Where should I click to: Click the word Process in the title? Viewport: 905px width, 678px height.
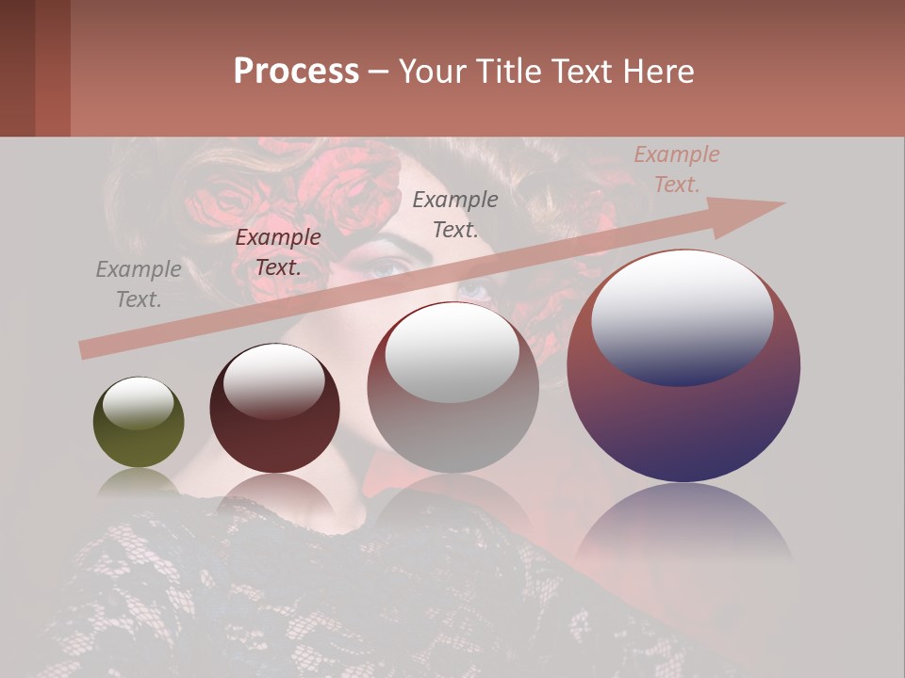pyautogui.click(x=296, y=71)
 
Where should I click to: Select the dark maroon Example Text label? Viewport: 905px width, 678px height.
pyautogui.click(x=278, y=252)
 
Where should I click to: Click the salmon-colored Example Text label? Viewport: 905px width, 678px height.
pyautogui.click(x=676, y=169)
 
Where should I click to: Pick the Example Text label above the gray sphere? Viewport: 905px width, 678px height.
pyautogui.click(x=455, y=214)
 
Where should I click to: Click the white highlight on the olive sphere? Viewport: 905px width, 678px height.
pyautogui.click(x=138, y=403)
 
